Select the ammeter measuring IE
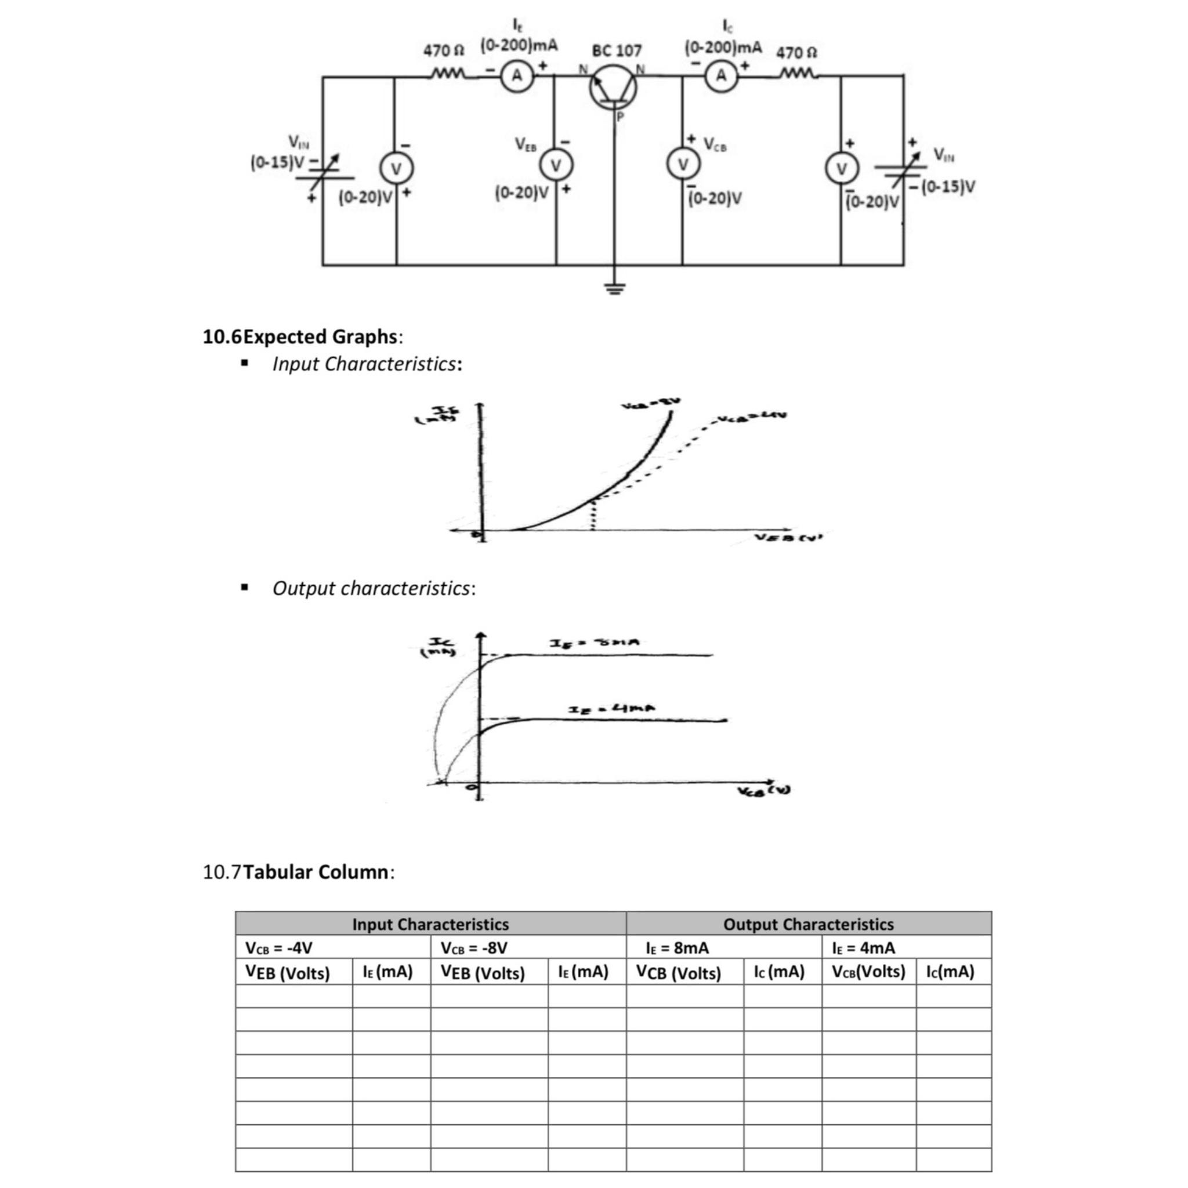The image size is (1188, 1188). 517,75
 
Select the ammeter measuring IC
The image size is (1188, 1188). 721,75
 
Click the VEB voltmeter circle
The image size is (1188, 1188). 556,165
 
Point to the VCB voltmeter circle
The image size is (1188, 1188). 682,164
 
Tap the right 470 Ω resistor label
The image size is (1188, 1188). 796,52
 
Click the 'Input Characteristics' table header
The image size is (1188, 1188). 430,924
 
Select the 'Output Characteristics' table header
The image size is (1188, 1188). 808,924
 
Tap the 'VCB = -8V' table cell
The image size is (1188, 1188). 474,948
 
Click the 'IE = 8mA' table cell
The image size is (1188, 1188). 677,948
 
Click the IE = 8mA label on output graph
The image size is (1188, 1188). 595,643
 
